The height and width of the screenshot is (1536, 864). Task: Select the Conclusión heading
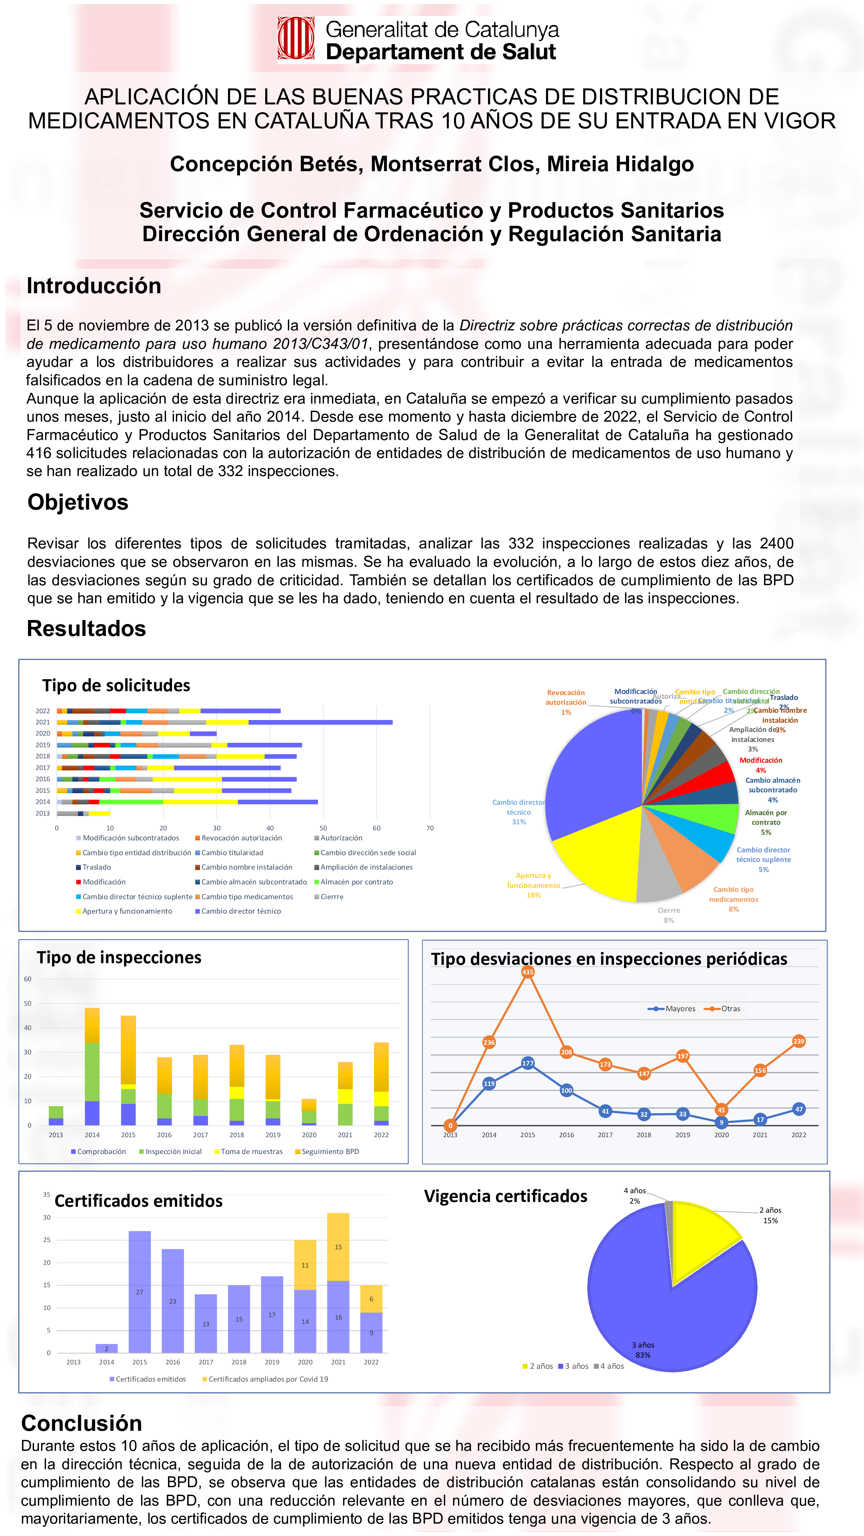click(82, 1423)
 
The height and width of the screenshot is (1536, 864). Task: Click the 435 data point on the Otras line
click(528, 972)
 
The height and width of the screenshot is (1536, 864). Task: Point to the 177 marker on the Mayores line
click(528, 1063)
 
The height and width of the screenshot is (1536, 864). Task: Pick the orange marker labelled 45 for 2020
click(722, 1110)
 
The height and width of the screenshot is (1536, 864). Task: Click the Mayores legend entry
click(672, 1009)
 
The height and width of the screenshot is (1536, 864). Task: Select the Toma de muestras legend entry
click(248, 1152)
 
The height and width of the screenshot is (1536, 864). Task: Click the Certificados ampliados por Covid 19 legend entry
click(265, 1379)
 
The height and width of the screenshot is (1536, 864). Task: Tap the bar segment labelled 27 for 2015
click(140, 1292)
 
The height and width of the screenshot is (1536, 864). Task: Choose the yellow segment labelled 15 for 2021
click(338, 1247)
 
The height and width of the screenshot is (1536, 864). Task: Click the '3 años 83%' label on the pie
click(643, 1350)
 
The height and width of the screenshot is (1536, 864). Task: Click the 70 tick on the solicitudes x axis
click(430, 828)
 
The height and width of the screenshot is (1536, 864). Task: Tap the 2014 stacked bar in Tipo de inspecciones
click(92, 1067)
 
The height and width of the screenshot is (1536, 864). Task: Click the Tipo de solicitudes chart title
click(116, 686)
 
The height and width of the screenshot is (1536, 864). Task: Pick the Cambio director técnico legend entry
click(238, 911)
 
